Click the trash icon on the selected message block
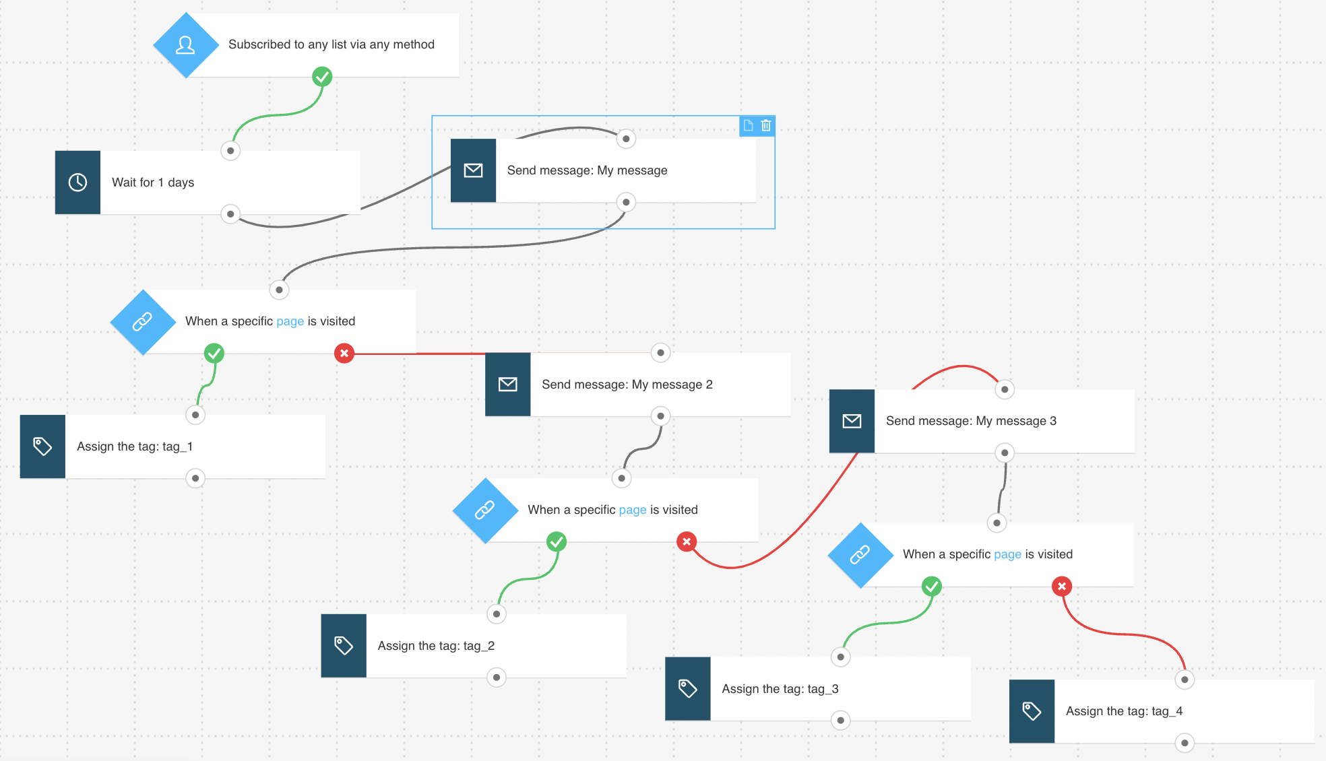point(766,125)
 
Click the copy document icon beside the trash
point(749,125)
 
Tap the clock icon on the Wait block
point(77,183)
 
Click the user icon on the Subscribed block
point(185,45)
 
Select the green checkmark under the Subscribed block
point(322,77)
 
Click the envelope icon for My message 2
point(508,385)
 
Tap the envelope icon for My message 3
point(852,421)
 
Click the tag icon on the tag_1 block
point(42,446)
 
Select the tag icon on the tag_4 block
point(1032,711)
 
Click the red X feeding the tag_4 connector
point(1062,587)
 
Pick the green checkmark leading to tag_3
point(932,587)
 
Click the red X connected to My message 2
point(344,353)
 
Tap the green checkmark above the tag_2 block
point(557,541)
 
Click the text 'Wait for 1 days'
point(153,183)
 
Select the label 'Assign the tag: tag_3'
point(780,689)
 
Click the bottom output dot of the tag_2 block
point(497,677)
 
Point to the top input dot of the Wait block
point(230,151)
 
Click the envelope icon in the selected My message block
point(474,170)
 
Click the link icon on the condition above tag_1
point(142,322)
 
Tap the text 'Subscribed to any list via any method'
point(331,44)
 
